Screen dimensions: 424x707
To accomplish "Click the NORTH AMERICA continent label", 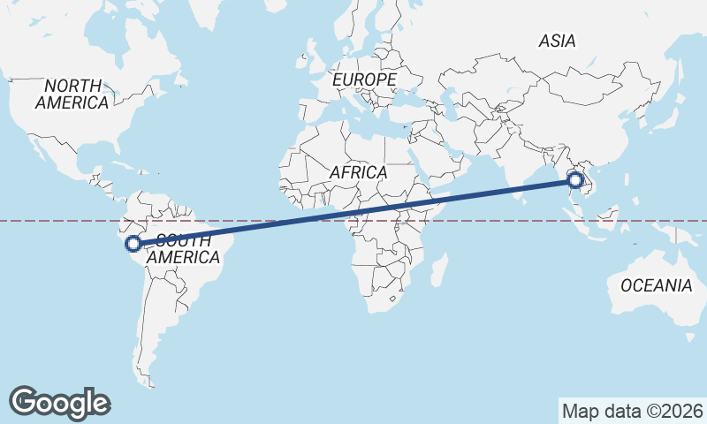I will pyautogui.click(x=72, y=94).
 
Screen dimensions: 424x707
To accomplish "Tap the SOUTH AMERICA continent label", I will pyautogui.click(x=182, y=248).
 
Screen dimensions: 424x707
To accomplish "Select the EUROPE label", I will pyautogui.click(x=364, y=80).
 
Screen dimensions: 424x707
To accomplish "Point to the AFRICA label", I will pyautogui.click(x=358, y=172).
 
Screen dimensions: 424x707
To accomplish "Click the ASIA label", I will pyautogui.click(x=557, y=41).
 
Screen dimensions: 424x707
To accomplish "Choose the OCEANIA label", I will pyautogui.click(x=656, y=285).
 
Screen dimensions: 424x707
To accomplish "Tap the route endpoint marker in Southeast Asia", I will pyautogui.click(x=575, y=180).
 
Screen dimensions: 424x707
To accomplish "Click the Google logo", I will pyautogui.click(x=59, y=402).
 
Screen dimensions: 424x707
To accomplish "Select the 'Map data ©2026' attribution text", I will pyautogui.click(x=632, y=411).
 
